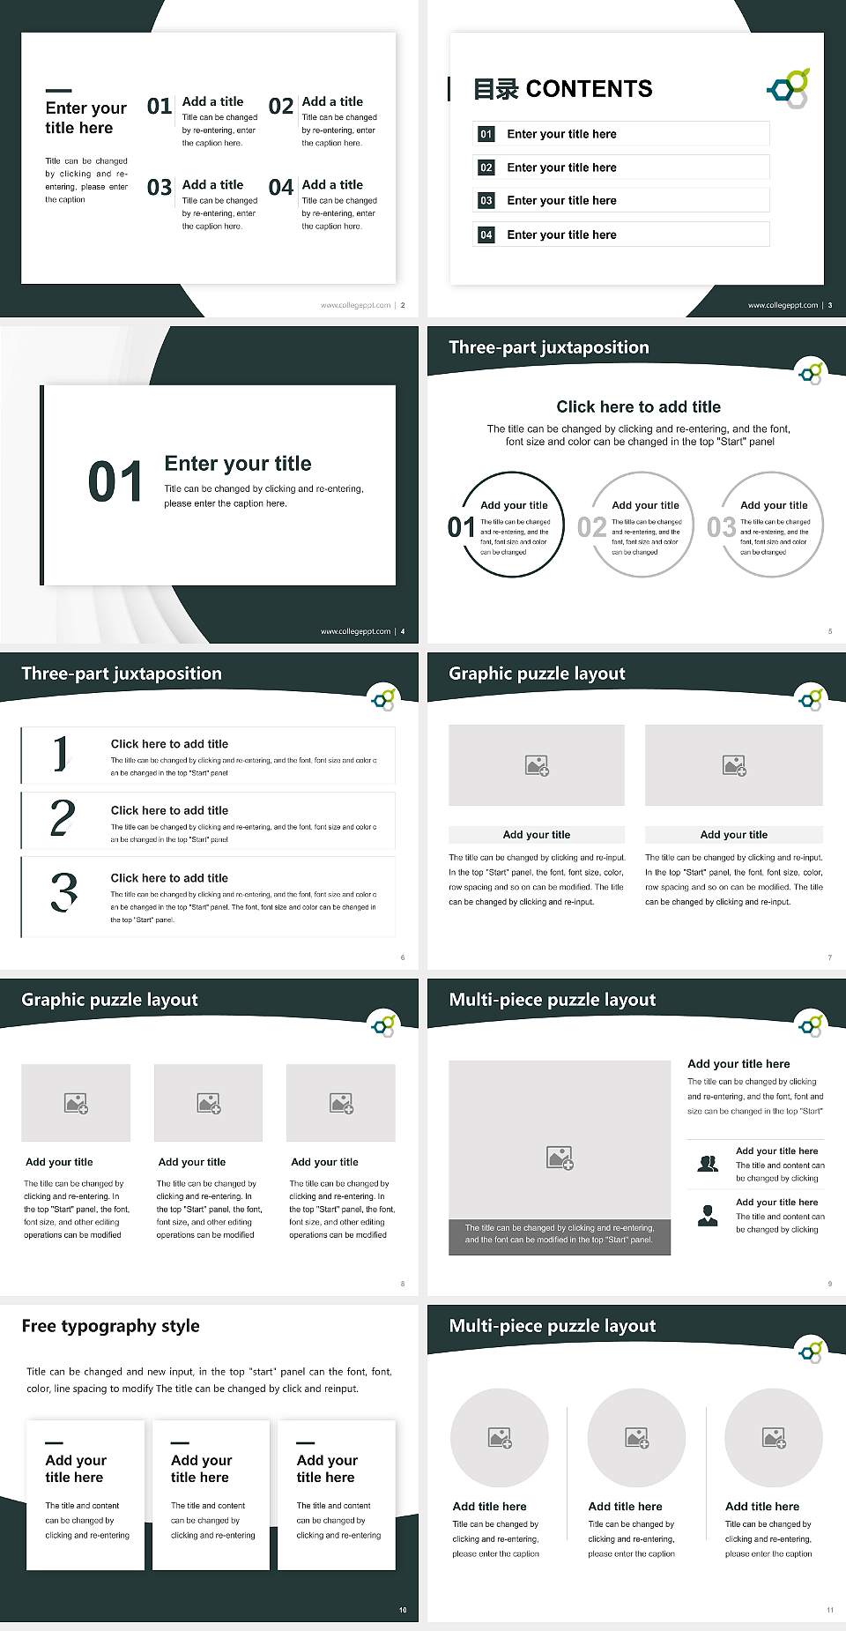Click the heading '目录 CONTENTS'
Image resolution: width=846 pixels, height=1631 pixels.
(562, 89)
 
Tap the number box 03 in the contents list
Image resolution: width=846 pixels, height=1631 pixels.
(486, 201)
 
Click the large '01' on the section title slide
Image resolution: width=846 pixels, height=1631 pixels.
(115, 482)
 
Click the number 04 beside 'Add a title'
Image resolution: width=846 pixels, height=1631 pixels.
(281, 187)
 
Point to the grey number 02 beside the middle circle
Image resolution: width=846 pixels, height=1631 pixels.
(591, 527)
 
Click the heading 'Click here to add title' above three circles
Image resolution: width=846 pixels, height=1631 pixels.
(638, 406)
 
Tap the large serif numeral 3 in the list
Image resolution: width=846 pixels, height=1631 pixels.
(63, 892)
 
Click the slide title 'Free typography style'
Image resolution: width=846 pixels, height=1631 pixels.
(110, 1326)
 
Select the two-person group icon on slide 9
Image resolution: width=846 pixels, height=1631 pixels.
(708, 1164)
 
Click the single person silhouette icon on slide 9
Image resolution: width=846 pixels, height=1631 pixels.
(708, 1216)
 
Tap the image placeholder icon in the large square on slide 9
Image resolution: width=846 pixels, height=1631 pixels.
(560, 1158)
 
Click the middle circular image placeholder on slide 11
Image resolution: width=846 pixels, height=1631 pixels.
(636, 1438)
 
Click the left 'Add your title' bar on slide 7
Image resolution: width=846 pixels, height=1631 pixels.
(536, 835)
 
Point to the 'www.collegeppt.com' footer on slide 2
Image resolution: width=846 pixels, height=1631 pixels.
(355, 305)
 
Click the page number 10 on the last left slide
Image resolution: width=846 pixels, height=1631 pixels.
(403, 1610)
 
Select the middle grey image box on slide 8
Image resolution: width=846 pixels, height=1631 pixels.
(208, 1103)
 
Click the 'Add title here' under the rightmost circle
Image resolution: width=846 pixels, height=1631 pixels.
(762, 1507)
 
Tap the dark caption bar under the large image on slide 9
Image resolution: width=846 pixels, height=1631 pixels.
(559, 1234)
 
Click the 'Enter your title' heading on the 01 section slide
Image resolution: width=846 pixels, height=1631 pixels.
(238, 464)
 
